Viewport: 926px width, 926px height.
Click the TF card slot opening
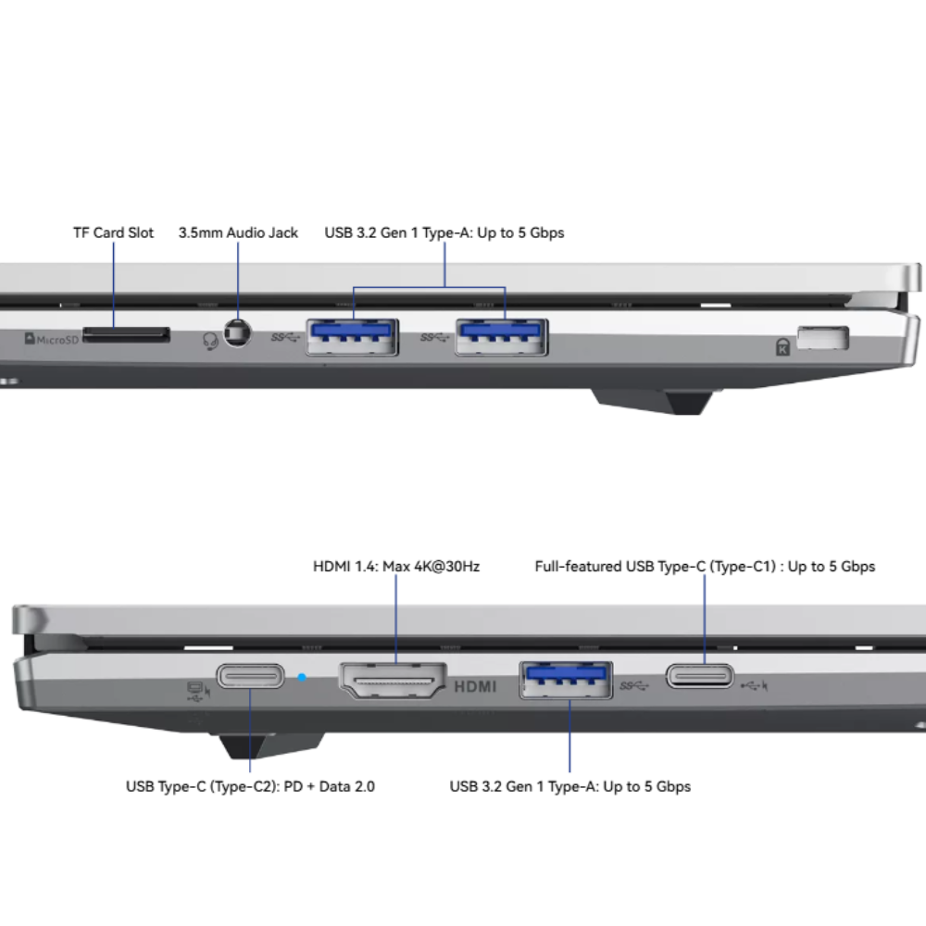click(x=126, y=335)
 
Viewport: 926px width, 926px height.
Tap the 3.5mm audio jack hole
click(x=237, y=333)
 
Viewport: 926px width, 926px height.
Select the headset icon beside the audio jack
click(x=210, y=341)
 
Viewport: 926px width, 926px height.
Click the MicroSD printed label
click(x=51, y=339)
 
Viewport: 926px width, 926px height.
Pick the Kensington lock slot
click(x=822, y=338)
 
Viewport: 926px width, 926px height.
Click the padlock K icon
click(x=782, y=346)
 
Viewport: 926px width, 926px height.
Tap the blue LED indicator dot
click(x=302, y=678)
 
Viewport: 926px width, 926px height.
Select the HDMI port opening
click(x=393, y=680)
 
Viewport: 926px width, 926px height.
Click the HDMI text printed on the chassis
click(x=475, y=686)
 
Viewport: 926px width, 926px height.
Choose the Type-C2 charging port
click(x=250, y=676)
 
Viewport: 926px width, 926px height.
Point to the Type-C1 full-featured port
click(x=700, y=676)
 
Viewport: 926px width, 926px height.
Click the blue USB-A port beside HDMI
click(x=566, y=681)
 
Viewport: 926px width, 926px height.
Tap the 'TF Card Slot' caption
click(x=113, y=232)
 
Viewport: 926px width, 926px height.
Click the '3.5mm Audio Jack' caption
click(x=238, y=232)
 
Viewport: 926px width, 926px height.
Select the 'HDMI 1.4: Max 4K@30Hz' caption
click(x=396, y=567)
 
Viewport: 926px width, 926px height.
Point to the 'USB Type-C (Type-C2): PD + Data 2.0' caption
click(x=250, y=786)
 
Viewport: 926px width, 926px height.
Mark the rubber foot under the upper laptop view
click(x=656, y=401)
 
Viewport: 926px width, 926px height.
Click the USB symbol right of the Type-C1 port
click(x=754, y=685)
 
